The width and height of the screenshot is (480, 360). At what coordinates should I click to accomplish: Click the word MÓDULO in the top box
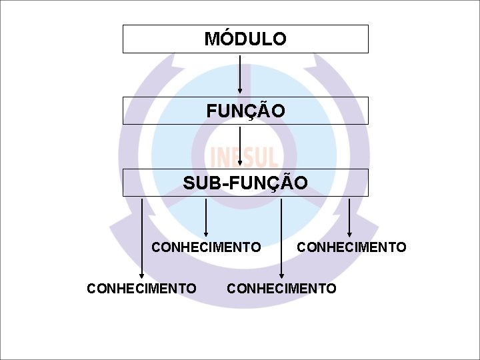click(x=245, y=39)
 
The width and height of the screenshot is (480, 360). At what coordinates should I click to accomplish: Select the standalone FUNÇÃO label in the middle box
click(x=245, y=111)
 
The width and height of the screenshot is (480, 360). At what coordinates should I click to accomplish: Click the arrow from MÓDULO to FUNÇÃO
click(x=240, y=73)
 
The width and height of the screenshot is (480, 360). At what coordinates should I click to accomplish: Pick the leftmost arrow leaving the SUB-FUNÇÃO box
click(x=141, y=237)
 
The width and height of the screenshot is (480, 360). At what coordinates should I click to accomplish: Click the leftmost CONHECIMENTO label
click(x=141, y=288)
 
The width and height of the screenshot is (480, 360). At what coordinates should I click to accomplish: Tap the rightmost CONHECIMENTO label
click(x=351, y=247)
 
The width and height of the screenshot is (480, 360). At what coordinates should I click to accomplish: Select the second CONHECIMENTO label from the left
click(x=206, y=247)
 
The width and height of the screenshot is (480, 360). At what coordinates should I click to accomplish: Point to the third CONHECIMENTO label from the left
click(x=281, y=288)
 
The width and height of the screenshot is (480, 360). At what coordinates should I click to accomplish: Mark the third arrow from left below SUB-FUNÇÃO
click(x=281, y=237)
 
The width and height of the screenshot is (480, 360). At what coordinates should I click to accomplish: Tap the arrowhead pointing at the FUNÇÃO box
click(x=240, y=92)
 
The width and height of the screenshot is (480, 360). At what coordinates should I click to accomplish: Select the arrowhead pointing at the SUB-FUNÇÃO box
click(x=240, y=164)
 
